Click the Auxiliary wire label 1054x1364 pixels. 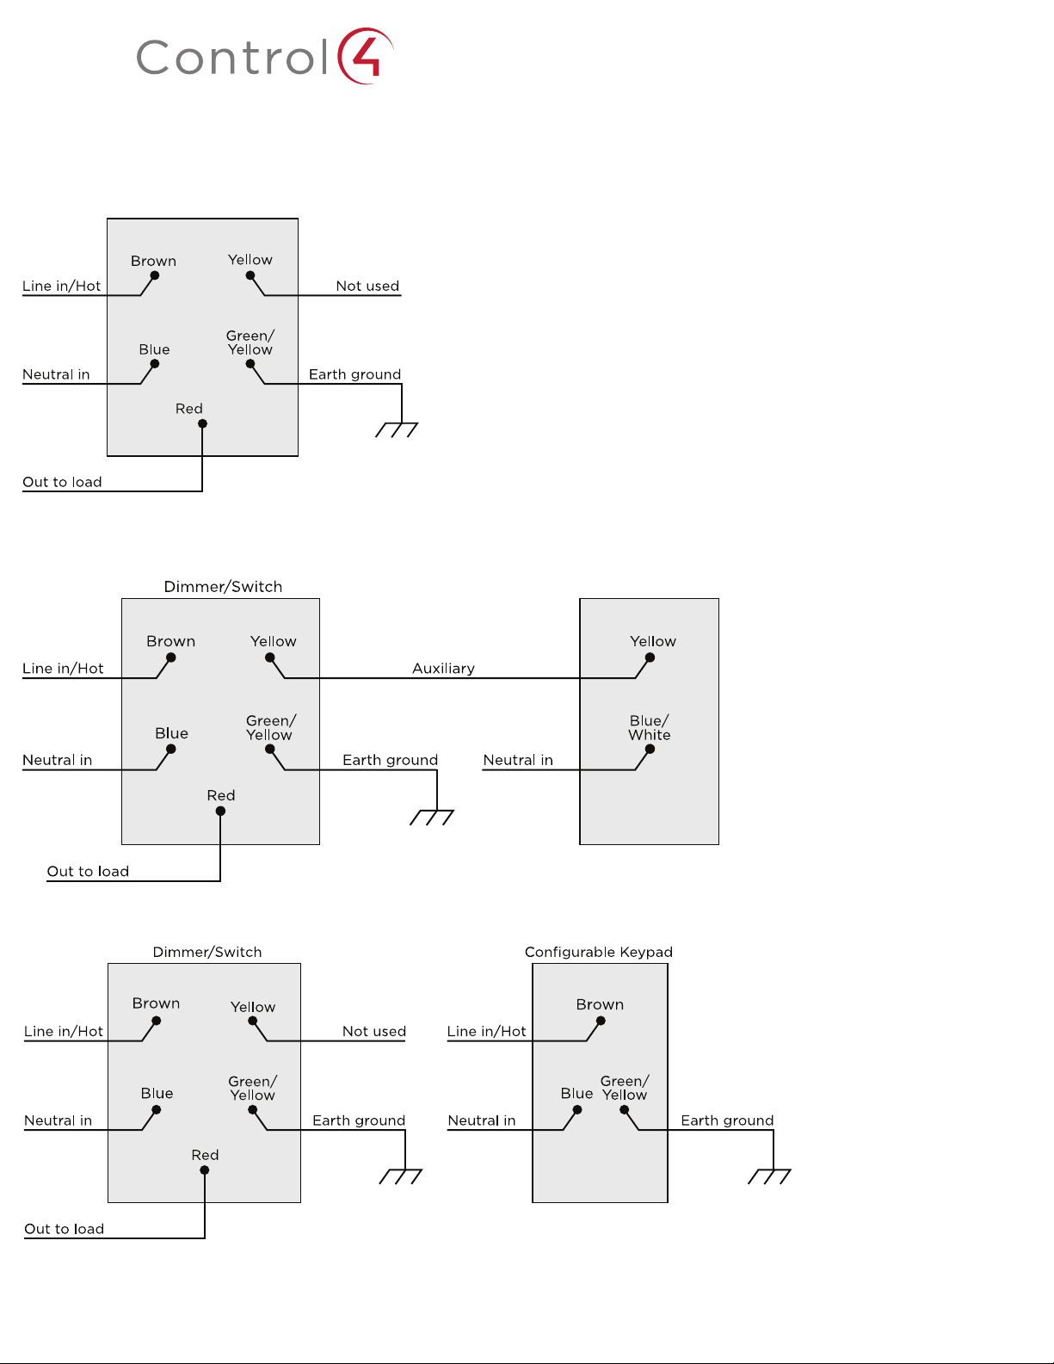[444, 668]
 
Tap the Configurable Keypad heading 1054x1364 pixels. [599, 953]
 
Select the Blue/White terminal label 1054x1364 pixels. [650, 727]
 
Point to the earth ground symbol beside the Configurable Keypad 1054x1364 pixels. [769, 1176]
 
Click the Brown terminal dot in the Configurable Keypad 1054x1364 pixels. [601, 1021]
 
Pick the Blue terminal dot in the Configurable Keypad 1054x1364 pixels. [577, 1110]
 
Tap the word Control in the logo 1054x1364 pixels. [232, 57]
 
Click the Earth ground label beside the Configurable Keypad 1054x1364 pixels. [727, 1120]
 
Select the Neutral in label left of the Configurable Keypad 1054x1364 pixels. [482, 1120]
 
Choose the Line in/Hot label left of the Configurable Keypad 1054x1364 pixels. [486, 1031]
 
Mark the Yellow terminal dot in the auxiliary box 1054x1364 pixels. [650, 657]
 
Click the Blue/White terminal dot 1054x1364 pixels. [650, 749]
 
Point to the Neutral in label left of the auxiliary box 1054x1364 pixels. [518, 760]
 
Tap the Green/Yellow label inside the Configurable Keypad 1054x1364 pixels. [625, 1088]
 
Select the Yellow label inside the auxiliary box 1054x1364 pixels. [653, 641]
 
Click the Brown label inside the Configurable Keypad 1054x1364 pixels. [600, 1004]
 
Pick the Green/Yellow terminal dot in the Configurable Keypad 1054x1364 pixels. [625, 1110]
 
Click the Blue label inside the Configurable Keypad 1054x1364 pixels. [576, 1094]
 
